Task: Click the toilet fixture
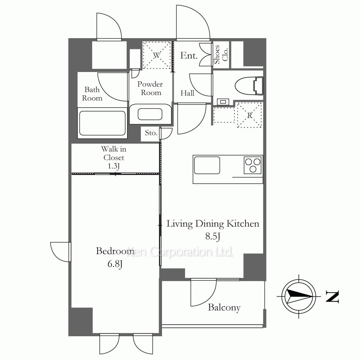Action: tap(249, 86)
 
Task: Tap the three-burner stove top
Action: tap(253, 165)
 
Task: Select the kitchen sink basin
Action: tap(207, 165)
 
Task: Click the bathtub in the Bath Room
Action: tap(102, 123)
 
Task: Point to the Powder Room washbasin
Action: tap(150, 114)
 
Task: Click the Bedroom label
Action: tap(115, 251)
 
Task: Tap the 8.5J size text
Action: tap(213, 236)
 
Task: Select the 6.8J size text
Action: tap(115, 264)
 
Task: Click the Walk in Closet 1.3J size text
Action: tap(114, 166)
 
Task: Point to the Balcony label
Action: tap(224, 307)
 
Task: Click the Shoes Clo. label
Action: tap(221, 54)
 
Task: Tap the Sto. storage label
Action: tap(151, 133)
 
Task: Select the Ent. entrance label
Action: tap(189, 55)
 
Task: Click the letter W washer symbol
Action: tap(157, 55)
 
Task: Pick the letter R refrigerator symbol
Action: tap(250, 115)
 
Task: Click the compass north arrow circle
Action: tap(299, 296)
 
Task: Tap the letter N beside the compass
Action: tap(332, 297)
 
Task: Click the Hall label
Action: tap(187, 93)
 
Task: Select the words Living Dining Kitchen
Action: tap(213, 224)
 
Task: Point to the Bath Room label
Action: tap(92, 94)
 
